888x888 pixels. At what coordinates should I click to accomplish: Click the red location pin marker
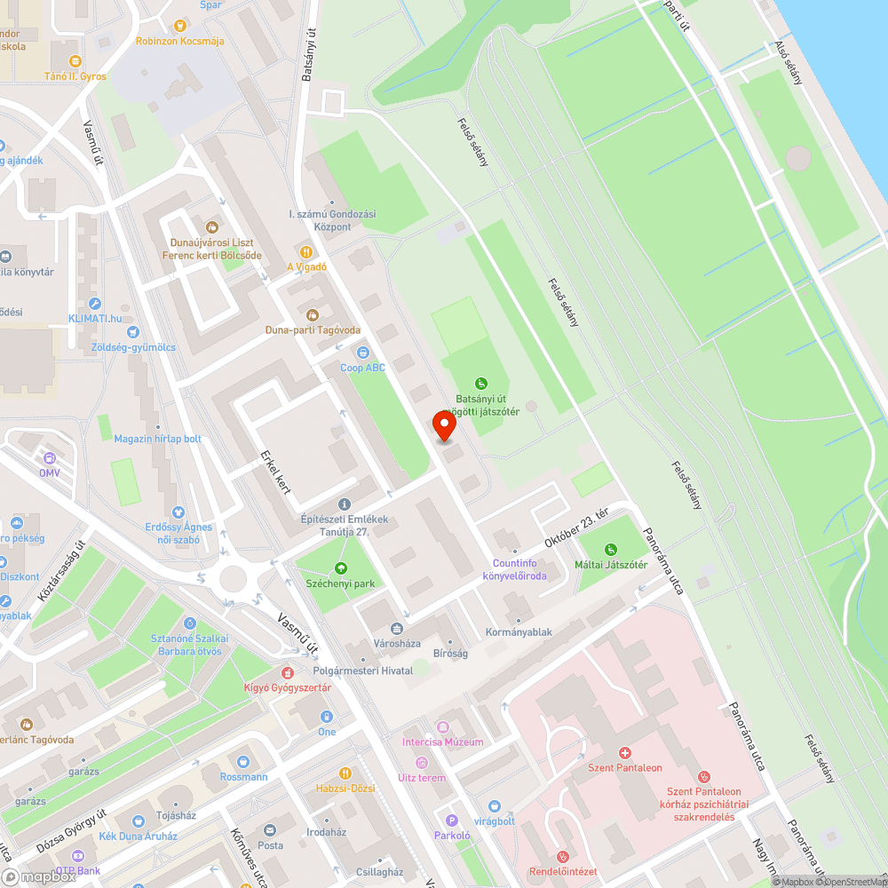click(444, 426)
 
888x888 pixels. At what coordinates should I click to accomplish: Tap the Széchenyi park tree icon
click(341, 568)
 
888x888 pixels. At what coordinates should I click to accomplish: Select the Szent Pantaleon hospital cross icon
click(625, 752)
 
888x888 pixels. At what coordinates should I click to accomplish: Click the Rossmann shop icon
click(243, 761)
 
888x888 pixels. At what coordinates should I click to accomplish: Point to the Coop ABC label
click(363, 368)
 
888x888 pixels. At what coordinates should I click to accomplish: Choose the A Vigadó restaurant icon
click(306, 251)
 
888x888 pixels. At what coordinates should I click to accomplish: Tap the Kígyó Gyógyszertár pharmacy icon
click(288, 673)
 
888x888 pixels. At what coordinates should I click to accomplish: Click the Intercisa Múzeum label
click(443, 741)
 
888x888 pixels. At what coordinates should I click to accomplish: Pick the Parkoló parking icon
click(451, 821)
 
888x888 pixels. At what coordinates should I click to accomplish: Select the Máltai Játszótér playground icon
click(610, 550)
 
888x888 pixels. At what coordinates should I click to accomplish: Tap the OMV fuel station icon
click(49, 458)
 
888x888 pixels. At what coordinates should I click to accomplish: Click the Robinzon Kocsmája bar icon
click(180, 26)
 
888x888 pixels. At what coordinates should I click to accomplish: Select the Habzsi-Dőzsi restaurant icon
click(345, 773)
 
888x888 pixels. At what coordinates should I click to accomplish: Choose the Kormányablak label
click(519, 632)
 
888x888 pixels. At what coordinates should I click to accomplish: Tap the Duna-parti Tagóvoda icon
click(313, 315)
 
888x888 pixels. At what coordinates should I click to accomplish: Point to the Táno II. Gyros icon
click(75, 61)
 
